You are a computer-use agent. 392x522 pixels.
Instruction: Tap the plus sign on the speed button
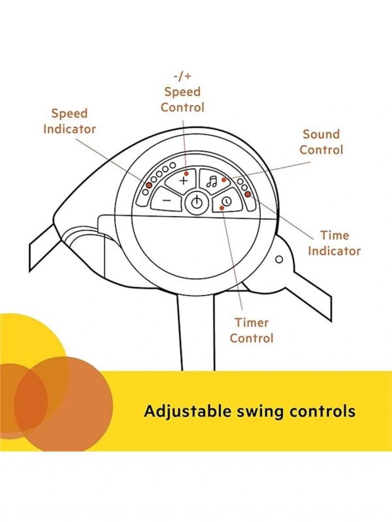coord(183,181)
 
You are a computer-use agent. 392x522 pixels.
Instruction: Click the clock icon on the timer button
coord(227,201)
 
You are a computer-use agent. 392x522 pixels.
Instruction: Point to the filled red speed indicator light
coord(149,185)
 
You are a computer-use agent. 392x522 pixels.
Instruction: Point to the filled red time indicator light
coord(248,194)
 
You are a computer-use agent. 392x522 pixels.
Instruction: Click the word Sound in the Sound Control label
coord(321,135)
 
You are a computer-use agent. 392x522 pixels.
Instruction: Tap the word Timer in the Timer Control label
coord(252,323)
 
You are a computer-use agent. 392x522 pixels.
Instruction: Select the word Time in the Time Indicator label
coord(335,236)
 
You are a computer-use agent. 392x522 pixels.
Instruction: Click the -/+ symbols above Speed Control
coord(182,76)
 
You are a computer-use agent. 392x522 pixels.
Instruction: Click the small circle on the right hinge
coord(279,259)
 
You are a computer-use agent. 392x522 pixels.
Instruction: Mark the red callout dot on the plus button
coord(186,174)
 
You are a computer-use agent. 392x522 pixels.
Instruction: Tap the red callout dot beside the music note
coord(224,180)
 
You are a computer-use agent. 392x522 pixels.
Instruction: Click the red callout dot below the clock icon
coord(222,208)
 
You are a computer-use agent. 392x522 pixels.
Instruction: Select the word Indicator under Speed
coord(70,129)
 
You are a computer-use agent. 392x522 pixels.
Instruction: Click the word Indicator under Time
coord(335,251)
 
